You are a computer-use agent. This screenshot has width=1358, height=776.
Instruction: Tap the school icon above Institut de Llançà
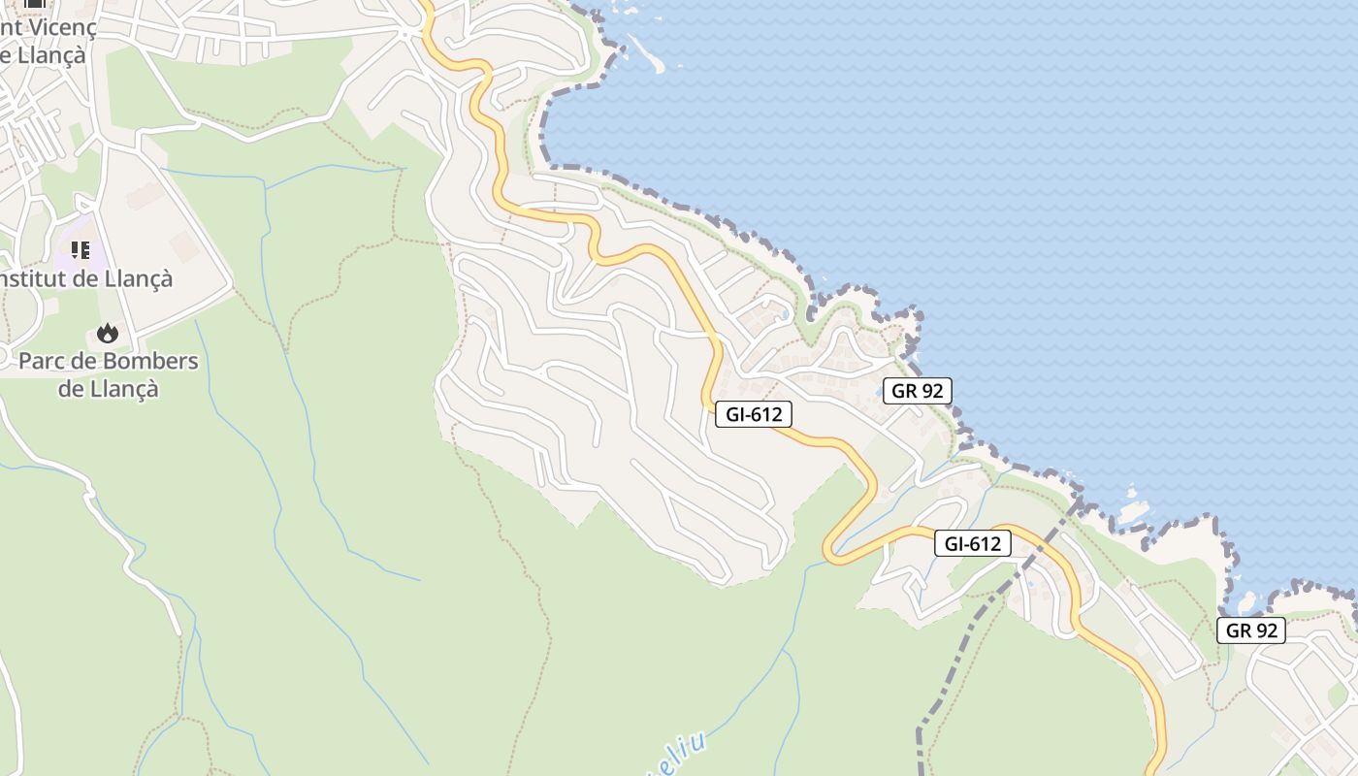(81, 250)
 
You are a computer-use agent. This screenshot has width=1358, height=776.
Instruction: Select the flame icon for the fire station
(107, 334)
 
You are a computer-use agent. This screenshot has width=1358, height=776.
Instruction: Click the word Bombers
(149, 362)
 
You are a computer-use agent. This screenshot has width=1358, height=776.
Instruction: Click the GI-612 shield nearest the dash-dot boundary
(973, 543)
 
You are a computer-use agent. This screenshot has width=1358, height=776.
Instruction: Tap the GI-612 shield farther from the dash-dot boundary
(754, 414)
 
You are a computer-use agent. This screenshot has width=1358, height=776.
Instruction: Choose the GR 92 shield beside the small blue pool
(917, 391)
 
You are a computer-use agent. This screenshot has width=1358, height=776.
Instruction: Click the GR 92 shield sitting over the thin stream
(1251, 630)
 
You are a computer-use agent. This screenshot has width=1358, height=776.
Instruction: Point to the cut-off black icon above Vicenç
(35, 3)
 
